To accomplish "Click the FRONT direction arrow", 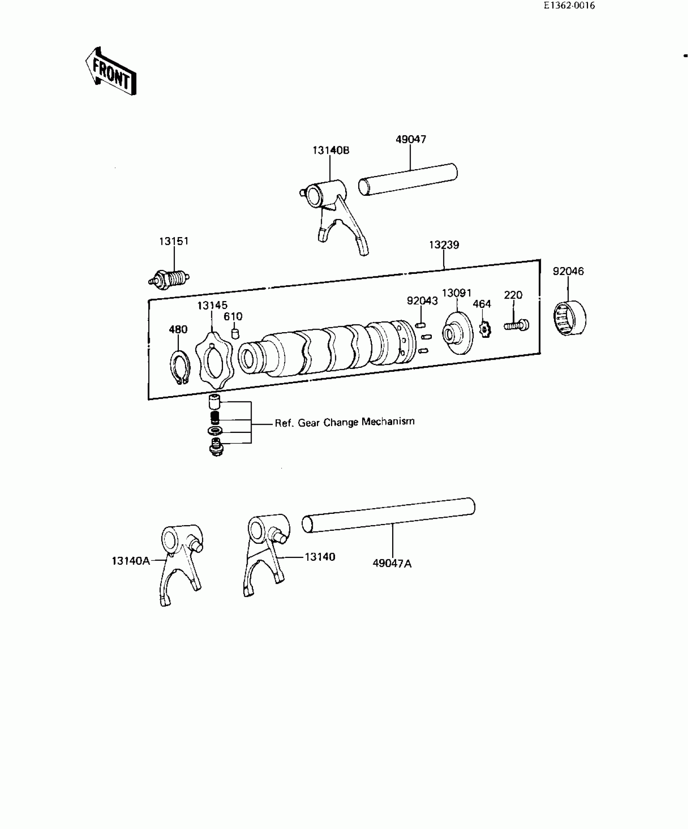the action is [x=110, y=72].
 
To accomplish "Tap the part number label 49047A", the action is [x=392, y=563].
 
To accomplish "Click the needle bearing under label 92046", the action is [x=570, y=318].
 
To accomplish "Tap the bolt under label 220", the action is [x=516, y=324].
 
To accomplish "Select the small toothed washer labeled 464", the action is [x=484, y=330].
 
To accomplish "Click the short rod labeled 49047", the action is [x=408, y=180].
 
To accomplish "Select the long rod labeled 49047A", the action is [x=389, y=515].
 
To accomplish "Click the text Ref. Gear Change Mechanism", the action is [x=344, y=422].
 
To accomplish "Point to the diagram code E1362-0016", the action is [x=569, y=6].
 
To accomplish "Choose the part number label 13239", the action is [x=444, y=245].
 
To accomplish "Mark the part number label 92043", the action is [x=422, y=301].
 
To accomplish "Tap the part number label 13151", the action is [x=174, y=241].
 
